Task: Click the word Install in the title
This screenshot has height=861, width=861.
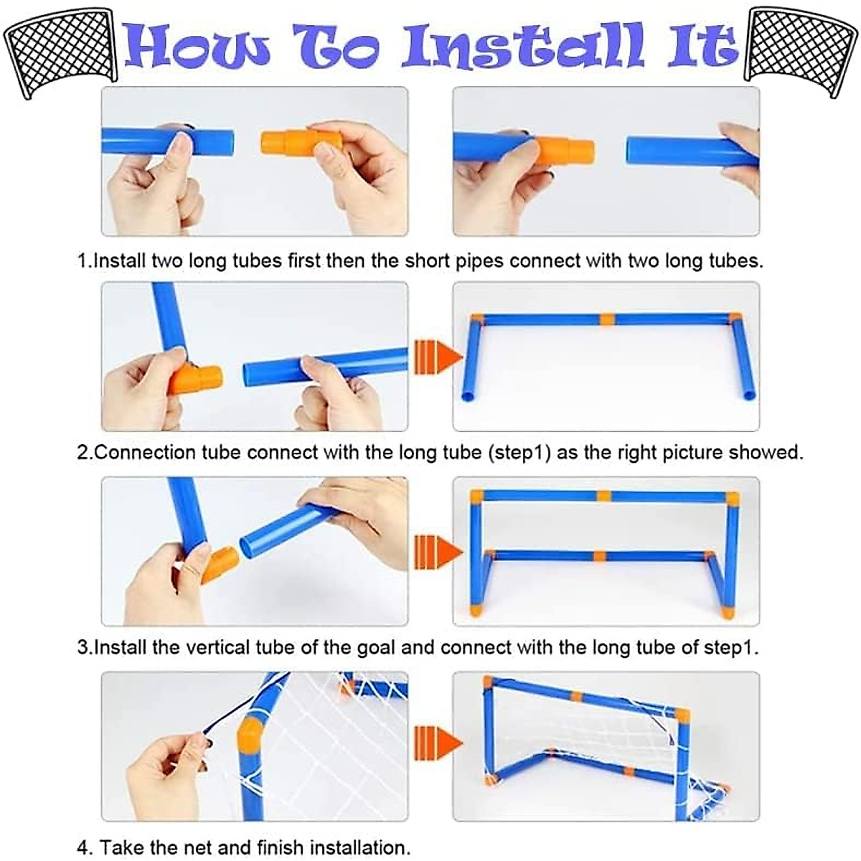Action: point(523,47)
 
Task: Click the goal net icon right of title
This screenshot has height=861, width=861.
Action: point(801,50)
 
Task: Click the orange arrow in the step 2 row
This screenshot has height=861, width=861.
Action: point(438,357)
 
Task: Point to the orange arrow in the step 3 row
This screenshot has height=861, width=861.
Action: point(438,552)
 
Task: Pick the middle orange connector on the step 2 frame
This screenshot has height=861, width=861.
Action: point(606,319)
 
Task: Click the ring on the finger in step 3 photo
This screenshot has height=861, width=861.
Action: point(193,569)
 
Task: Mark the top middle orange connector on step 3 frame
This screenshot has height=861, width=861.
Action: point(603,496)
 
